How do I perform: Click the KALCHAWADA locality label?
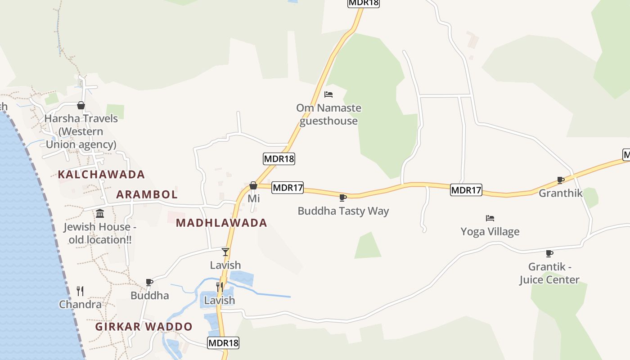(x=101, y=175)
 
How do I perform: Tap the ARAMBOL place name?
(x=147, y=194)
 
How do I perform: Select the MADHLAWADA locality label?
(x=221, y=223)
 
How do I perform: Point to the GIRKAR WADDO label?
(x=144, y=327)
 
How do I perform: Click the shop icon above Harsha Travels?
(x=81, y=105)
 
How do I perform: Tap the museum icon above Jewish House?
(x=100, y=213)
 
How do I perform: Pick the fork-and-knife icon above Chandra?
(x=80, y=291)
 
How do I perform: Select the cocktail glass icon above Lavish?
(x=225, y=252)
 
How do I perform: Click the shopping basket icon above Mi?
(x=253, y=185)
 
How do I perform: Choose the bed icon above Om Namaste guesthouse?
(x=328, y=94)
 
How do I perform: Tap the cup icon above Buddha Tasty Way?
(x=343, y=197)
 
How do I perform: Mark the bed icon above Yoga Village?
(x=490, y=218)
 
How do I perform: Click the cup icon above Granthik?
(x=561, y=180)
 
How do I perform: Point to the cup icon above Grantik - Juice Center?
(x=549, y=253)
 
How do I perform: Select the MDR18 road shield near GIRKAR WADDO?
(x=223, y=343)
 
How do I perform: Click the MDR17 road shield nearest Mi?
(x=288, y=188)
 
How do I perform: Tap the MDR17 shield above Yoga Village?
(x=466, y=190)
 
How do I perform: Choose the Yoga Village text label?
(x=490, y=232)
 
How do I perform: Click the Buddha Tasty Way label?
(x=343, y=211)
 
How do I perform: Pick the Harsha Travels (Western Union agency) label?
(x=81, y=131)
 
